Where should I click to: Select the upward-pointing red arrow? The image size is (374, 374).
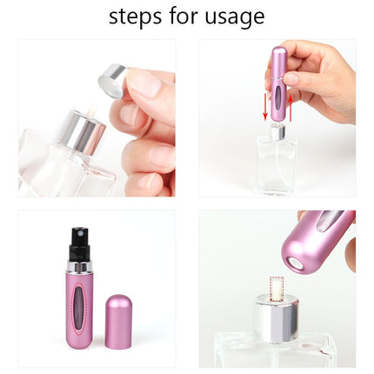pyautogui.click(x=291, y=104)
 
